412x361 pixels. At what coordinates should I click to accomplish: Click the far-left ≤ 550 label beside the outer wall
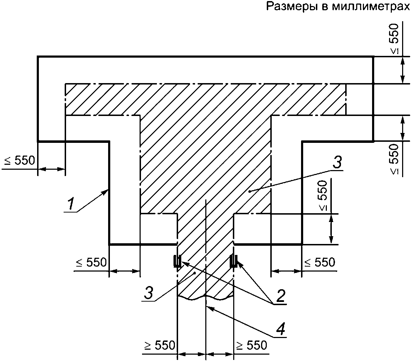(19, 161)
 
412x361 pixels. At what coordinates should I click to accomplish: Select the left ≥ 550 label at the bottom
(160, 345)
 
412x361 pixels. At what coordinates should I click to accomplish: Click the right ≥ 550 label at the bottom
(252, 345)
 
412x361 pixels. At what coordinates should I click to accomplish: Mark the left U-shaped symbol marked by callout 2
(177, 261)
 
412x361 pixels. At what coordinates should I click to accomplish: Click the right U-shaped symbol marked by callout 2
(233, 261)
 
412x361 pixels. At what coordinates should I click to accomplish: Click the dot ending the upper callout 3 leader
(250, 191)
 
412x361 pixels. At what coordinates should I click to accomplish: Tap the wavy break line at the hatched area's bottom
(205, 296)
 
